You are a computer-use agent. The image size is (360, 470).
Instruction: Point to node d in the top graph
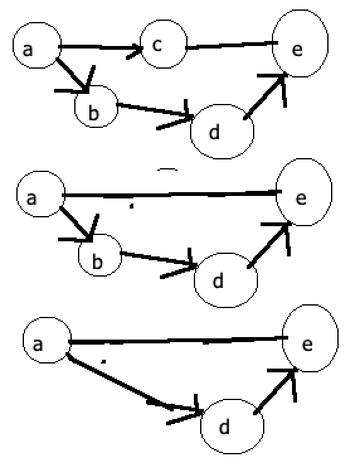click(x=222, y=131)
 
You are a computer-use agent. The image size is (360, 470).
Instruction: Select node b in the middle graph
click(x=99, y=255)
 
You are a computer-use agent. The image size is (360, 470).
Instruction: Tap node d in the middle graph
click(x=225, y=278)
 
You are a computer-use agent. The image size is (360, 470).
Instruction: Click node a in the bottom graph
click(x=45, y=343)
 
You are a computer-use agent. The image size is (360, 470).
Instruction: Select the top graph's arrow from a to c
click(x=101, y=47)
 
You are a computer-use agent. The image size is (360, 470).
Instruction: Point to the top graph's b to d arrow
click(x=154, y=110)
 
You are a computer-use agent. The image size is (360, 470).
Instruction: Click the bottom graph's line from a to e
click(x=176, y=341)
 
